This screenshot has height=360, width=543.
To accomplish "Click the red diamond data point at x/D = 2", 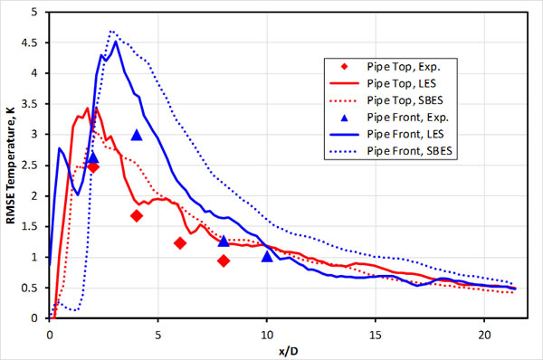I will point(92,166).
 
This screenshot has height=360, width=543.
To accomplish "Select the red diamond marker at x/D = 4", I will point(136,215).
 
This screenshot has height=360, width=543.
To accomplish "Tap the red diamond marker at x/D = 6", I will point(180,242).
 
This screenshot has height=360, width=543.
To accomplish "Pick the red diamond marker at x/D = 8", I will point(224,261).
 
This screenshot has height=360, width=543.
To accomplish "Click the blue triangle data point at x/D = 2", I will point(92,156).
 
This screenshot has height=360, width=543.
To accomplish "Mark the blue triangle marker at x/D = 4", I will point(137,135).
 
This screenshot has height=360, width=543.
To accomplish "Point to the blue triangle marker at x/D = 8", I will point(224,241).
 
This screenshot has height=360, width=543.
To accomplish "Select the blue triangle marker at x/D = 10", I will point(267,256).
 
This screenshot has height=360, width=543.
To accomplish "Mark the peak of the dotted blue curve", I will point(111,31).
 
